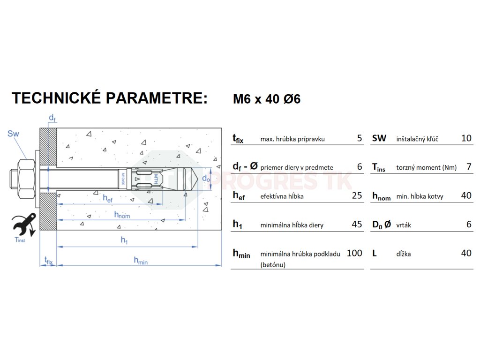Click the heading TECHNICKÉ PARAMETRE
point(109,98)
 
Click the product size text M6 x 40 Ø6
point(267,99)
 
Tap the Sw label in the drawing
point(14,134)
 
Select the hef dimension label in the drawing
point(108,198)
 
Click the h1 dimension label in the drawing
point(124,240)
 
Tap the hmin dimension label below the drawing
point(140,260)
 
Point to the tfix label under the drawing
point(48,260)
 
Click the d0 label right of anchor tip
point(206,178)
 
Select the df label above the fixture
point(52,118)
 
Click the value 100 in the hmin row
point(354,253)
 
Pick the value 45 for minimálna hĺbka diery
point(357,225)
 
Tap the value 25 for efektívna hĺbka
point(357,195)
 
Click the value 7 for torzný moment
point(469,167)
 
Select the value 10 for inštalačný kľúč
point(466,138)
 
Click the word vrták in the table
point(404,225)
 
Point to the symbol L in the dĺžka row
point(375,253)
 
